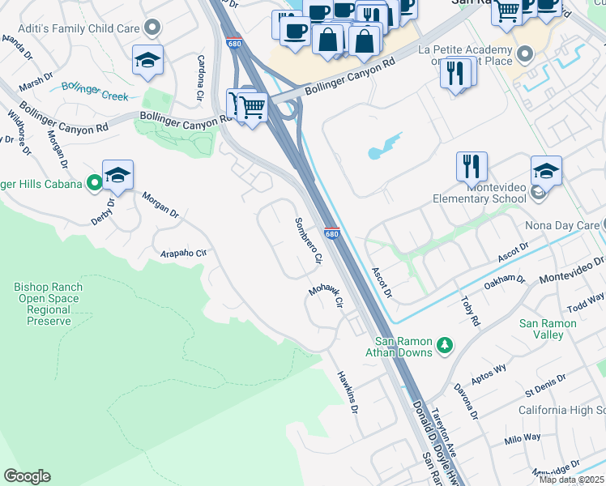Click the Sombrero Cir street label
tap(309, 241)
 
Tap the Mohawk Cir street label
tap(326, 296)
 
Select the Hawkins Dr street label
tap(348, 392)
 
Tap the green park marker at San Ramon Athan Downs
tap(444, 346)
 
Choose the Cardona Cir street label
tap(200, 79)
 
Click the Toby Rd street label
tap(470, 310)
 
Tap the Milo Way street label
tap(522, 437)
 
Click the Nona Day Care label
tap(566, 224)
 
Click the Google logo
tap(27, 476)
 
